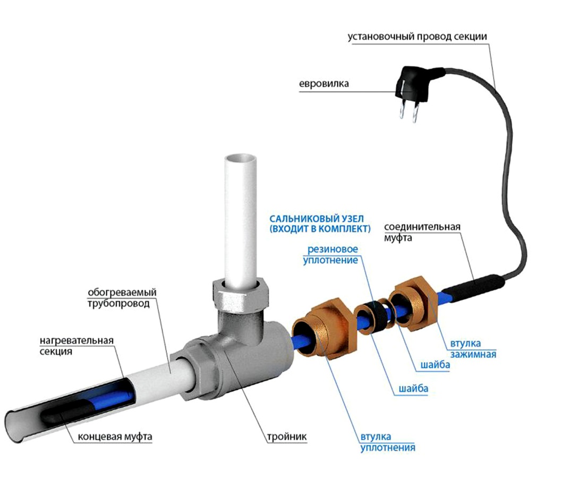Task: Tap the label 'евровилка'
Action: click(x=324, y=84)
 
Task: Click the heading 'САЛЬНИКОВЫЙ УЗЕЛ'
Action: click(x=317, y=219)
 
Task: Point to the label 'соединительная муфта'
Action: click(x=422, y=232)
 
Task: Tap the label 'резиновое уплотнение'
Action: click(x=330, y=254)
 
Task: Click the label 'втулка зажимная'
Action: click(x=473, y=349)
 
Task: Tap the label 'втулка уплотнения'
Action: click(x=387, y=442)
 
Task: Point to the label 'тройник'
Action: click(x=287, y=437)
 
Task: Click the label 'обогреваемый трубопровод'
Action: click(x=122, y=298)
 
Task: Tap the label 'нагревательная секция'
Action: click(x=76, y=346)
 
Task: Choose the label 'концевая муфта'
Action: click(x=115, y=437)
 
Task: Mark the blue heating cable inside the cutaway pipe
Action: click(x=107, y=397)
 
